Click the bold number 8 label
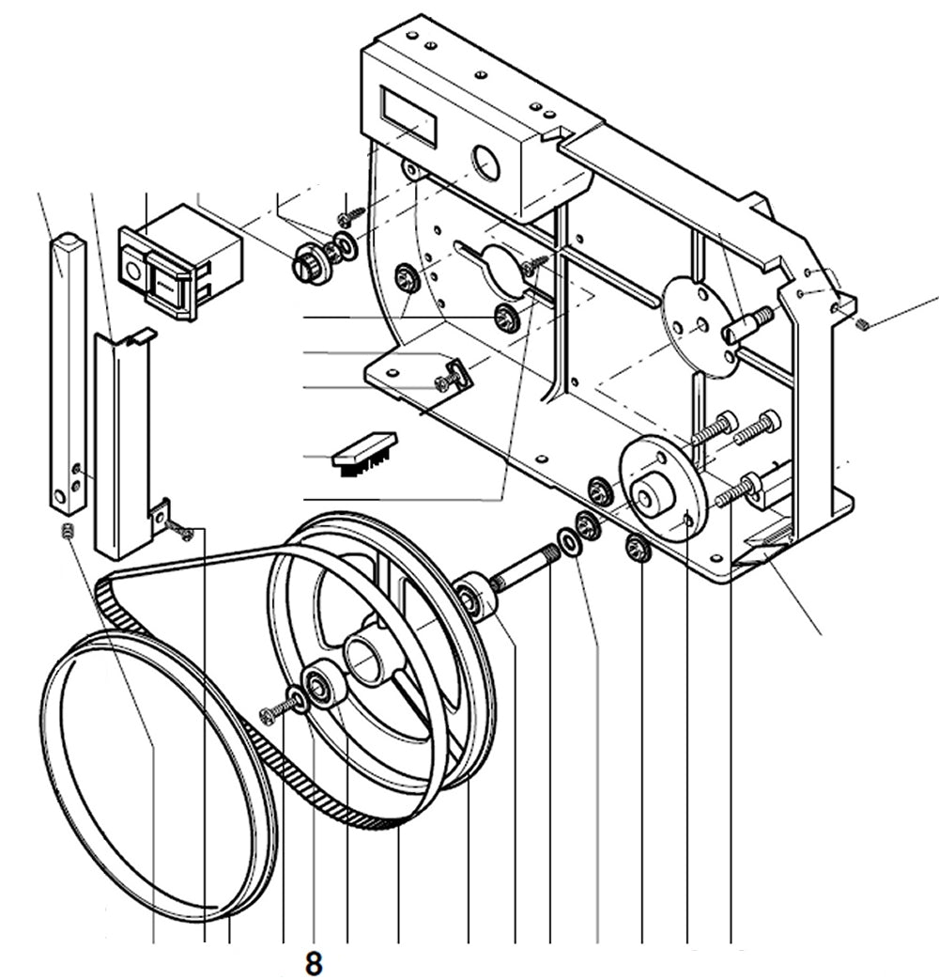[314, 963]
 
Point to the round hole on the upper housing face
[486, 163]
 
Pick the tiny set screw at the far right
[863, 325]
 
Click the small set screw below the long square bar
[68, 533]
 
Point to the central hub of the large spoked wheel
[367, 657]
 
